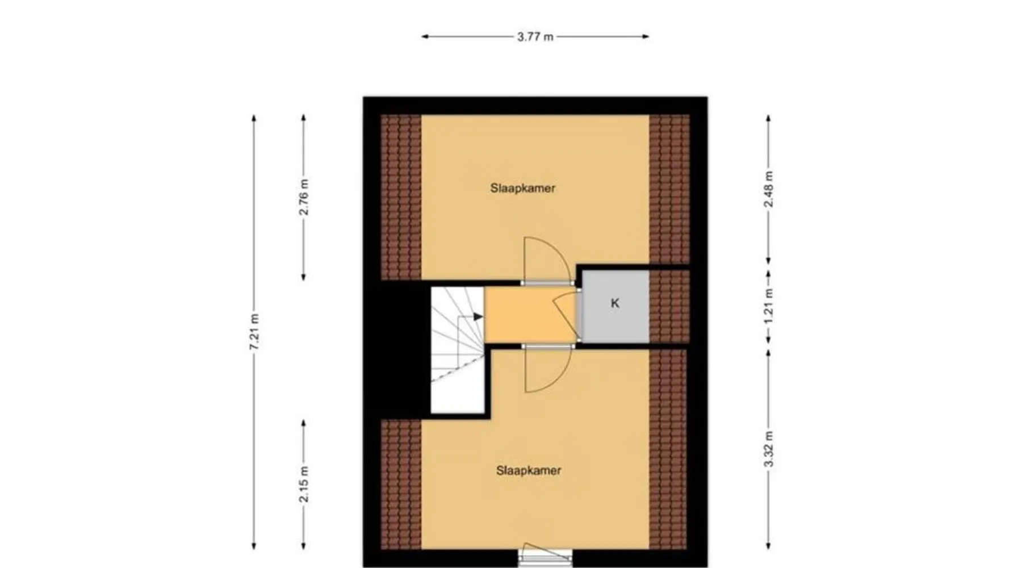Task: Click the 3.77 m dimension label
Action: point(535,37)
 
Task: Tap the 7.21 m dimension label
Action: point(254,332)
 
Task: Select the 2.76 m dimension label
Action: point(304,197)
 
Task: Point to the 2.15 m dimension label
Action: point(304,485)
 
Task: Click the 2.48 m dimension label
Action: point(769,189)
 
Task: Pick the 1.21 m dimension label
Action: point(769,307)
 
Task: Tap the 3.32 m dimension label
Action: point(769,449)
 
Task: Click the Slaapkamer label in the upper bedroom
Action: point(522,188)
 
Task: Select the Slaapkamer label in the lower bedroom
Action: point(529,470)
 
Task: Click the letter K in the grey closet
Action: point(615,303)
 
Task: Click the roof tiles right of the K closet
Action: point(669,307)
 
